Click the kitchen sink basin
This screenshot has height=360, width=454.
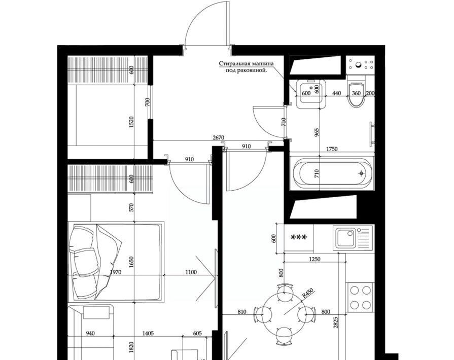pyautogui.click(x=345, y=238)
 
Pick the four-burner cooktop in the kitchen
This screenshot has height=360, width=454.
pyautogui.click(x=361, y=297)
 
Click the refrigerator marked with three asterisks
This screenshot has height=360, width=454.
pyautogui.click(x=299, y=238)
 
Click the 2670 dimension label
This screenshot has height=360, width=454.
pyautogui.click(x=218, y=137)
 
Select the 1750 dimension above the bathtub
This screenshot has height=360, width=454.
pyautogui.click(x=332, y=149)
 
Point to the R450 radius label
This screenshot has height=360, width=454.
pyautogui.click(x=308, y=294)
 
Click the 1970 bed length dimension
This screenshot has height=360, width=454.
pyautogui.click(x=116, y=272)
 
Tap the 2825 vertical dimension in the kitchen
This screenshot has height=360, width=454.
pyautogui.click(x=336, y=322)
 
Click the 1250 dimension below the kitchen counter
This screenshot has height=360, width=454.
pyautogui.click(x=315, y=259)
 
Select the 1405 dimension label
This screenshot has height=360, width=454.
pyautogui.click(x=148, y=333)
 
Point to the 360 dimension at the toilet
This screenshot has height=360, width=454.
pyautogui.click(x=356, y=93)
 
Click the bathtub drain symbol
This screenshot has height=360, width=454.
pyautogui.click(x=361, y=173)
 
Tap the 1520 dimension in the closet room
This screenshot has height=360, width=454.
pyautogui.click(x=131, y=122)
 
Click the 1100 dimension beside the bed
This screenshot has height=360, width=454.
pyautogui.click(x=191, y=272)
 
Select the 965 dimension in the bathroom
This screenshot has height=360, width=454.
pyautogui.click(x=316, y=133)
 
